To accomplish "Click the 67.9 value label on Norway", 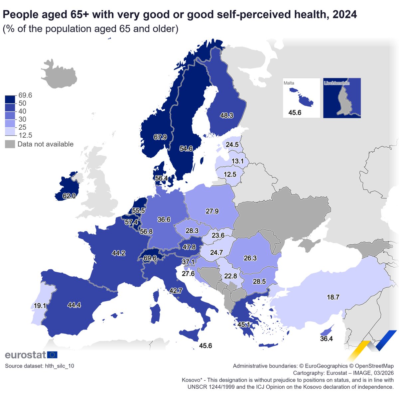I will [160, 137].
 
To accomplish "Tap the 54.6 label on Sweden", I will [186, 149].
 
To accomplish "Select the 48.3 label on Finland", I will [226, 116].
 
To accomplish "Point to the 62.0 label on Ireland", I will [69, 196].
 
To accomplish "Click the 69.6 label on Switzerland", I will [150, 258].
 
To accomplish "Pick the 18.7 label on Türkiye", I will [333, 297].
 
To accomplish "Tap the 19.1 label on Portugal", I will [40, 306].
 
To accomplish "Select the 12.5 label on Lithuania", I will [230, 174].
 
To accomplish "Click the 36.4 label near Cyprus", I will [326, 339].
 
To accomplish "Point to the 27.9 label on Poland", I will [212, 211].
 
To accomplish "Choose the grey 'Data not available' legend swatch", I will [10, 144].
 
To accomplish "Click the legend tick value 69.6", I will [25, 95].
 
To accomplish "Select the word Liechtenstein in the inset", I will [336, 83].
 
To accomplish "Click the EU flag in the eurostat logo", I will [52, 355].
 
